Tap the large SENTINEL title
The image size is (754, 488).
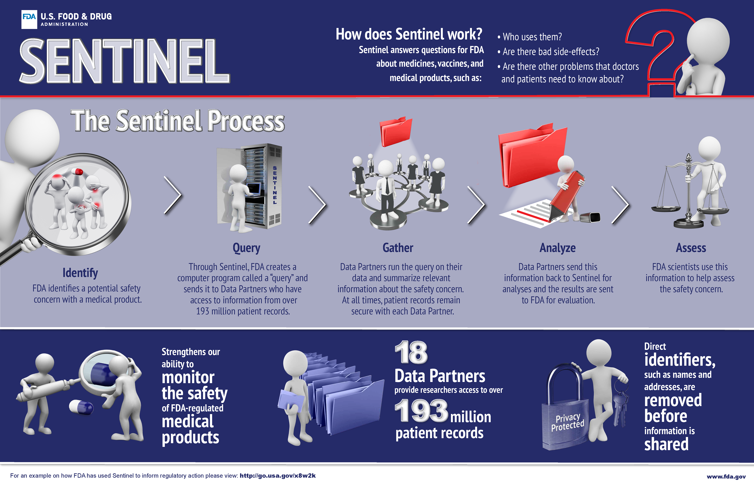[124, 61]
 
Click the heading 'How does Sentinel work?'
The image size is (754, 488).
[409, 34]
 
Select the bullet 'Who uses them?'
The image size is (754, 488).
[530, 37]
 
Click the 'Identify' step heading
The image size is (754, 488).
[80, 273]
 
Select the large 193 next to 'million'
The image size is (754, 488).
[421, 411]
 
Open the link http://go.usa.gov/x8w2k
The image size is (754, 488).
[277, 476]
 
